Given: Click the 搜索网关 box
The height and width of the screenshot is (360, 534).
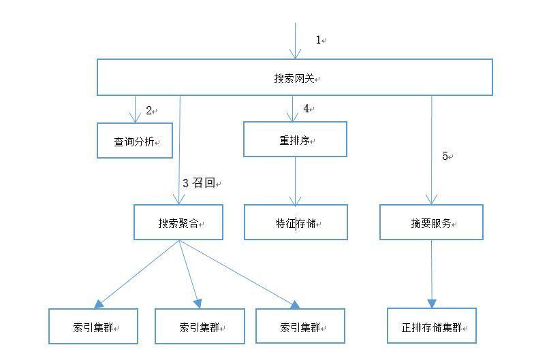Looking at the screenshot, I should (x=294, y=77).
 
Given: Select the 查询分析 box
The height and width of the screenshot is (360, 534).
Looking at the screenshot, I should (x=135, y=141).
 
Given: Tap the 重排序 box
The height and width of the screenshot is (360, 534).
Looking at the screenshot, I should (x=295, y=140).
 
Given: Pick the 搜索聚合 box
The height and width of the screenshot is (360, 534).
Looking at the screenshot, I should (x=178, y=222).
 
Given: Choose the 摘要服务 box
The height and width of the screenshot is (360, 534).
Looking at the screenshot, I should (x=431, y=222).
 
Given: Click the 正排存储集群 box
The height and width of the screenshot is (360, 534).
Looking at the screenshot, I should (x=431, y=326).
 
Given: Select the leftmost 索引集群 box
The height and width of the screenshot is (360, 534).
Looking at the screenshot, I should (x=93, y=326).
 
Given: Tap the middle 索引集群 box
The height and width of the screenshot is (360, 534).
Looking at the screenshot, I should (x=200, y=326).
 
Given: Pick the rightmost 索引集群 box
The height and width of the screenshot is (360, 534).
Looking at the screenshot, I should (x=300, y=326).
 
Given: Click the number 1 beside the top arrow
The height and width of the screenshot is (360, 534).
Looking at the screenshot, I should (x=318, y=40).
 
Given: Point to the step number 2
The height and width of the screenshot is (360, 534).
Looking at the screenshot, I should (x=148, y=110).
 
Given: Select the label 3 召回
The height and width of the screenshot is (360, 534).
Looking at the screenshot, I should (x=199, y=182).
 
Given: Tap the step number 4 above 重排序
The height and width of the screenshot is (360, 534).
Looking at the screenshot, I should (x=307, y=109).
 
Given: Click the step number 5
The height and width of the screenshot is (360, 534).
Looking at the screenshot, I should (x=445, y=156).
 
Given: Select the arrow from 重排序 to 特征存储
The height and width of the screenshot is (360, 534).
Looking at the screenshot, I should (x=295, y=181).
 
